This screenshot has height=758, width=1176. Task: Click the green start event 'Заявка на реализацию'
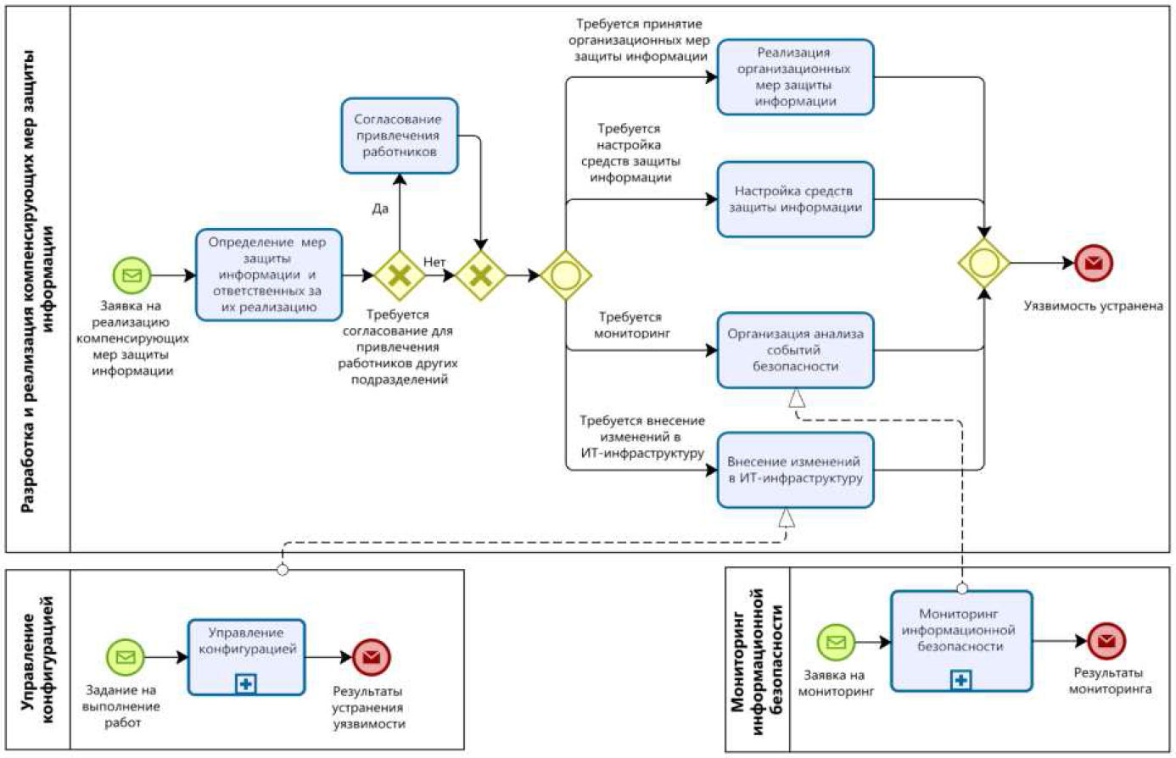(x=132, y=275)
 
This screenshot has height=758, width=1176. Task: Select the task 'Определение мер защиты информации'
(x=269, y=275)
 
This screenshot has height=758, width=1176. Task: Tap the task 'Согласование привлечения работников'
(x=400, y=136)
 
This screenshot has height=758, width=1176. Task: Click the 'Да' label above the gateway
(x=380, y=209)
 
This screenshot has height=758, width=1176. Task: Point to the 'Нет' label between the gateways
(x=434, y=261)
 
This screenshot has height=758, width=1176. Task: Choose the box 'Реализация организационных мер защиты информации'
(x=795, y=76)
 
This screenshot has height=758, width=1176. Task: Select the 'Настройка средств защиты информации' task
(x=795, y=199)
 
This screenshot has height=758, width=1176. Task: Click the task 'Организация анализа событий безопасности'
(x=795, y=350)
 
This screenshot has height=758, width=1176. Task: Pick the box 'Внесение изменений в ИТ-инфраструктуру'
(x=795, y=470)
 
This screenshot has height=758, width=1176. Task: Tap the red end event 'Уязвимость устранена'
(x=1094, y=263)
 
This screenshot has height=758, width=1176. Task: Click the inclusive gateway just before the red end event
(x=984, y=263)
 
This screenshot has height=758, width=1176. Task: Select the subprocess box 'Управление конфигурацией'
(x=246, y=657)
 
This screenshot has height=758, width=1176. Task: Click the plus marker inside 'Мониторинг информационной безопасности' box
(x=960, y=680)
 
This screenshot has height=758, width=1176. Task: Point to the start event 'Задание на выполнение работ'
(x=126, y=657)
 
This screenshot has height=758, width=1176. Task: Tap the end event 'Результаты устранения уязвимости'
(x=371, y=657)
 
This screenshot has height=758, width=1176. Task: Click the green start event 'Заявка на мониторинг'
(x=836, y=642)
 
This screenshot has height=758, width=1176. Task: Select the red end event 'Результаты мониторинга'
(x=1106, y=640)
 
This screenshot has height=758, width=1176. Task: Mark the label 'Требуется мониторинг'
(x=631, y=325)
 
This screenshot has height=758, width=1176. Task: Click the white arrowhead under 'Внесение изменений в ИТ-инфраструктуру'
(x=786, y=518)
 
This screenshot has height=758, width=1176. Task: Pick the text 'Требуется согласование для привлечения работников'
(x=397, y=347)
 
